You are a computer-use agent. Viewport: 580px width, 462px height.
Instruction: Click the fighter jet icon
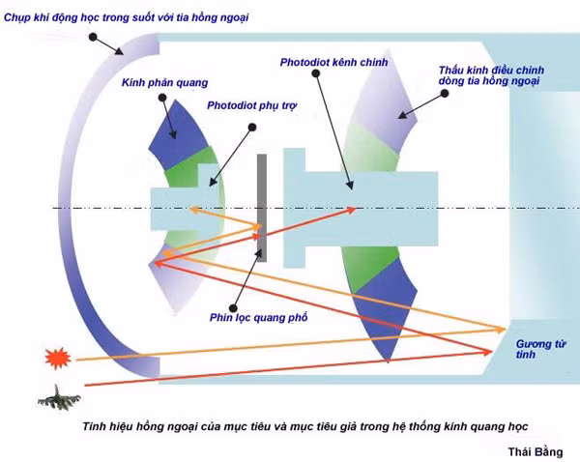pos(59,398)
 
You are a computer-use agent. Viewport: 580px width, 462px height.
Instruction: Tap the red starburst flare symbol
pos(57,358)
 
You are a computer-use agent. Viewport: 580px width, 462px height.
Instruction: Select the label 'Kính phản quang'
pos(164,82)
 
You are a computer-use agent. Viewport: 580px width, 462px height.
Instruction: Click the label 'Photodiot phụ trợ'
pos(252,105)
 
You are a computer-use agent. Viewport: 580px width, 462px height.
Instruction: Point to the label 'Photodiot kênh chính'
pos(333,62)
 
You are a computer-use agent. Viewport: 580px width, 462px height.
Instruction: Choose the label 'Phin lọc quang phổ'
pos(258,317)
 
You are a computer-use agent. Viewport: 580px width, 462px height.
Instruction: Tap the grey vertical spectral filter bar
pos(262,208)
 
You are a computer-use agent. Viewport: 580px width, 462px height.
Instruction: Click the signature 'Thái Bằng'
pos(536,451)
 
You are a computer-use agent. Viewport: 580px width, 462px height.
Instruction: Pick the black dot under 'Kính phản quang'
pos(162,98)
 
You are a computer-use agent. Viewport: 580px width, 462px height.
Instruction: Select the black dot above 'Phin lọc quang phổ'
pos(233,307)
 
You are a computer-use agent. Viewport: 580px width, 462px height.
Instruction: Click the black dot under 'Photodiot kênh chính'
pos(315,73)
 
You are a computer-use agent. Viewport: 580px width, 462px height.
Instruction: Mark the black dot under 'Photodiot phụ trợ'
pos(252,128)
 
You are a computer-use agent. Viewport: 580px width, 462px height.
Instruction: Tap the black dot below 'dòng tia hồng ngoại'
pos(445,94)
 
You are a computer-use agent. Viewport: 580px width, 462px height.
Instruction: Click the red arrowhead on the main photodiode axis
pos(351,211)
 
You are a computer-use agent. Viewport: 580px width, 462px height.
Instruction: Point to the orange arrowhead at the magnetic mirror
pos(501,329)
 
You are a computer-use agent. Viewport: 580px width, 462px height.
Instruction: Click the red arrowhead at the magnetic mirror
pos(488,352)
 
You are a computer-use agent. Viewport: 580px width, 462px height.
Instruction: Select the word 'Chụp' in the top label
pos(17,17)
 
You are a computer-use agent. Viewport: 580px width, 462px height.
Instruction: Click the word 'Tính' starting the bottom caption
pos(95,426)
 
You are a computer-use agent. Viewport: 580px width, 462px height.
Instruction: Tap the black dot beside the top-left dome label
pos(93,37)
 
